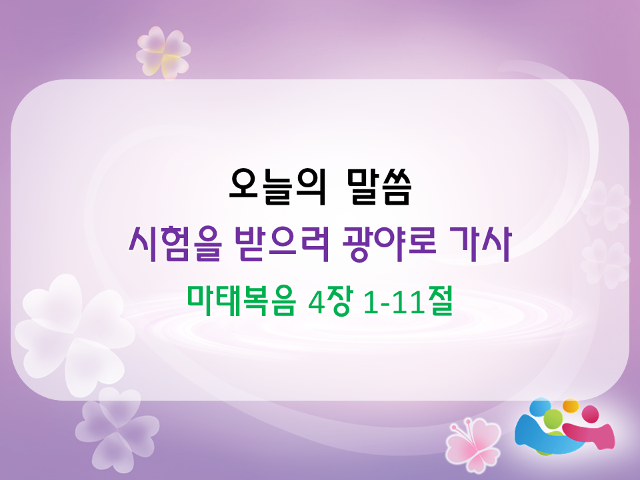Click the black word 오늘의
coord(278,187)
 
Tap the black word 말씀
coord(378,187)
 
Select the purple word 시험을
coord(175,244)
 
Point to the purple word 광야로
coord(389,244)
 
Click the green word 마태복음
coord(241,301)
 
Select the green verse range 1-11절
coord(408,301)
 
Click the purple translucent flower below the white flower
coord(116,429)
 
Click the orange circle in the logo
coord(571,406)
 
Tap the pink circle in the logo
coord(590,414)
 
